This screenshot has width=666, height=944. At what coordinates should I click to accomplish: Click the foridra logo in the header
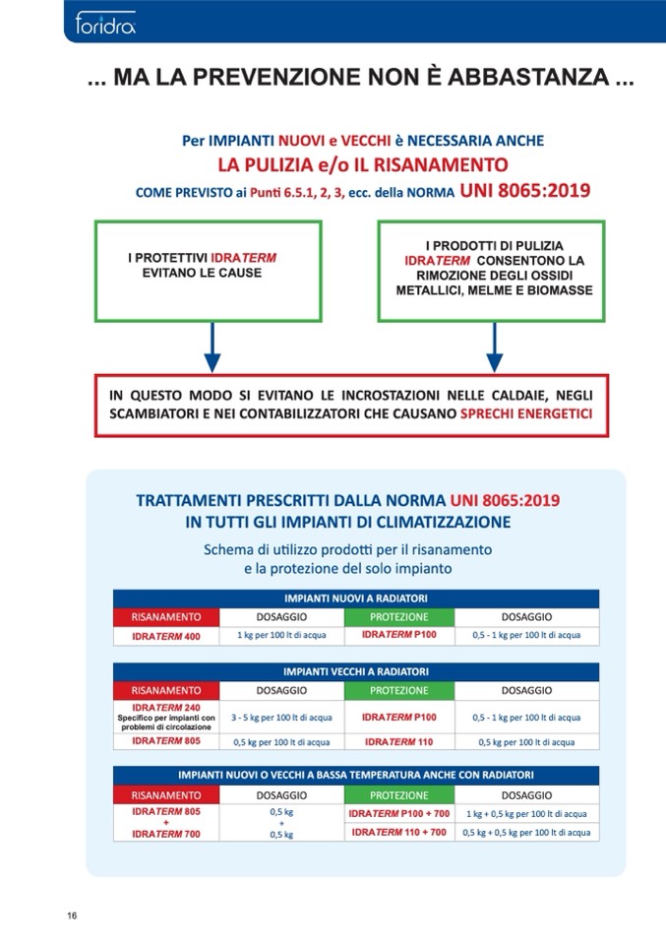coord(104,22)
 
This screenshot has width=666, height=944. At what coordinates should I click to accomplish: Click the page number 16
coord(73,915)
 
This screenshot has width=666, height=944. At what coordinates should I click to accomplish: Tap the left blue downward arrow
coord(211,349)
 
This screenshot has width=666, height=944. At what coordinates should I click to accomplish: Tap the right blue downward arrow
coord(494,349)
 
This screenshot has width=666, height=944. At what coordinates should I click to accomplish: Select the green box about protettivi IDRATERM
coord(208,271)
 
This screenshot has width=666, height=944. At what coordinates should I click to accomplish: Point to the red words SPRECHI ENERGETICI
coord(526,414)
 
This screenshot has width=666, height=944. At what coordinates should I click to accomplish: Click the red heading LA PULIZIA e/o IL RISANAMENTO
coord(362,163)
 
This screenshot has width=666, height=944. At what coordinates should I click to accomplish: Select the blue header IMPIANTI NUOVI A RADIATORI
coord(355,598)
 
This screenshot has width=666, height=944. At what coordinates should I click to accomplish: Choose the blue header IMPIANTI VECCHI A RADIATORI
coord(355,671)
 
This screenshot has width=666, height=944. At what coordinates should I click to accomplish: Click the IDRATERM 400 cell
coord(165,636)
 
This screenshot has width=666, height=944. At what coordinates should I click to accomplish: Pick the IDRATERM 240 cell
coord(165,718)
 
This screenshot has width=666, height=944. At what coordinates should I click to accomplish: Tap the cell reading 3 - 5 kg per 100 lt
coord(280,718)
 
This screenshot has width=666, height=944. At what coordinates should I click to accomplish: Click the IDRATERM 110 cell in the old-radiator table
coord(398,742)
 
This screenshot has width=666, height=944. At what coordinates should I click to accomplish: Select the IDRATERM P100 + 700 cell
coord(398,814)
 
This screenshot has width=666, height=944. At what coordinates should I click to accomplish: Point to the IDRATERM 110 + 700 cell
coord(398,833)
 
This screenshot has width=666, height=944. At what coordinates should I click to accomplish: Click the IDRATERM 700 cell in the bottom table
coord(165,834)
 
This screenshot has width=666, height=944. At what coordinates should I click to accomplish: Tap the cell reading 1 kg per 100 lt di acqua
coord(280,636)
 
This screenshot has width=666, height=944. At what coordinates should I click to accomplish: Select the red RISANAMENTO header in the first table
coord(165,617)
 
